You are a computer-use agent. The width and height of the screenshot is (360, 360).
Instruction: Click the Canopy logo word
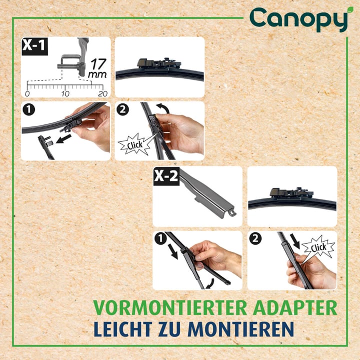coord(298,19)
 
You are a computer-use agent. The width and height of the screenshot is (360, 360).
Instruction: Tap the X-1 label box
coord(34,46)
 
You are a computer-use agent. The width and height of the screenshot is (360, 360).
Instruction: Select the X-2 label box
coord(166,176)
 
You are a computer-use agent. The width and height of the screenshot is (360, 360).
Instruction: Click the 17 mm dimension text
coord(98,68)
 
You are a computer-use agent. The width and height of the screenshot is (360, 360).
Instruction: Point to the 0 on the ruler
coord(27,93)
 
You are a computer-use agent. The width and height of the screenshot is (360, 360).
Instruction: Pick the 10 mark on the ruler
coord(65,93)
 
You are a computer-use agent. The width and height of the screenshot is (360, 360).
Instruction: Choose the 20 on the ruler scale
coord(102,93)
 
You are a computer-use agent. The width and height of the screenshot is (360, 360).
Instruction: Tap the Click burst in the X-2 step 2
coord(318,247)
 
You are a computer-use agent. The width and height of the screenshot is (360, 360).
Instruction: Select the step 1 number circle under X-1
coord(28,109)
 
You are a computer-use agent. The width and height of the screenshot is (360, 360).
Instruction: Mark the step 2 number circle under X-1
coord(122,109)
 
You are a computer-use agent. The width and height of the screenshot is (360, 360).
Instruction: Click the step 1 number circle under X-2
coord(160,238)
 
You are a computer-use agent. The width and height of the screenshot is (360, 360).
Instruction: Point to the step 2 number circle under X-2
coord(255,238)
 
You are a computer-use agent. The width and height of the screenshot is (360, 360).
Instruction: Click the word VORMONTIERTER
coord(170,307)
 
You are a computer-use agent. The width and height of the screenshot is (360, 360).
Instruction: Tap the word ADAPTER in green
coord(295,307)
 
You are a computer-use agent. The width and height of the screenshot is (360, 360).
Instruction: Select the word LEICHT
coord(123,329)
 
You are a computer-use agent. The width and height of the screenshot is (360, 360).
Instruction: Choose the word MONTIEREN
coord(241,329)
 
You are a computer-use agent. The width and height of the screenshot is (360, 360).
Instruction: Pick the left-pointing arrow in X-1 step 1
coord(63,138)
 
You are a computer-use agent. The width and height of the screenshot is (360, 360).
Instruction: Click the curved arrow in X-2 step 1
coord(210,284)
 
